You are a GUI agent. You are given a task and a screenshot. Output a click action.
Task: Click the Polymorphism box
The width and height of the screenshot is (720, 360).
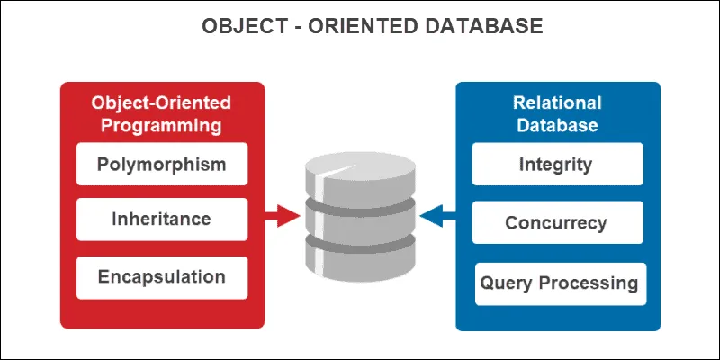tap(162, 165)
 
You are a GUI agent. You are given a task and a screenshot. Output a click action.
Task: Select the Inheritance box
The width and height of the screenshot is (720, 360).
tap(162, 219)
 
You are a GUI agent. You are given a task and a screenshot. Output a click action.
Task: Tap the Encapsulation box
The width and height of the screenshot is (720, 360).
tap(162, 276)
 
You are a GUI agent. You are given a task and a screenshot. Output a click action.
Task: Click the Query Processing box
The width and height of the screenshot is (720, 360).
tap(559, 283)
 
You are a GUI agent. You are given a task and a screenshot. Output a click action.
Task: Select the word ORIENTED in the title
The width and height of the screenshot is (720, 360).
tap(350, 26)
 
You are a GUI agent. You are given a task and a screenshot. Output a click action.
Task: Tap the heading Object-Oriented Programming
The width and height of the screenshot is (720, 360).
tap(162, 113)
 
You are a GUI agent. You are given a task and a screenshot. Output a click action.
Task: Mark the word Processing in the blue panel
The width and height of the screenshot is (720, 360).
tap(589, 283)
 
